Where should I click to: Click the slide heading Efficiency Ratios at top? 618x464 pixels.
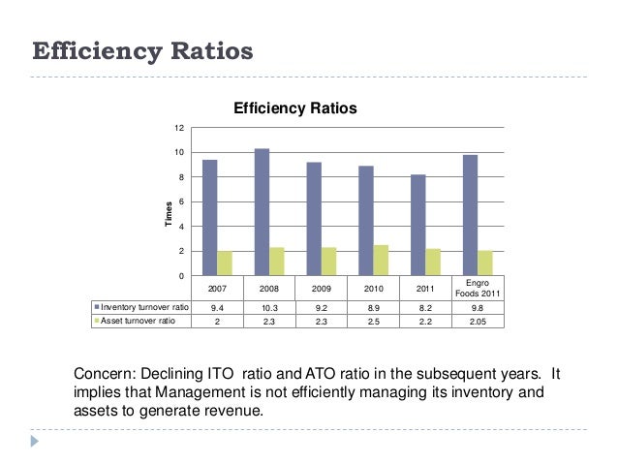(142, 49)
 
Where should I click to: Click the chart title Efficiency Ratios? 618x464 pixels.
(295, 108)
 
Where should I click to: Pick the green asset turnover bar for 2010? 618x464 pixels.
(381, 261)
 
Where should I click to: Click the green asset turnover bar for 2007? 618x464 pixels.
(225, 263)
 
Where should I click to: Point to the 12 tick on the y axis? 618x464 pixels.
(178, 128)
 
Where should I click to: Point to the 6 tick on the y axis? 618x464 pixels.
(180, 201)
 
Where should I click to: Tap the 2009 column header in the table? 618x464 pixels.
(322, 289)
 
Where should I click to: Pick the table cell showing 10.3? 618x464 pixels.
(270, 306)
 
